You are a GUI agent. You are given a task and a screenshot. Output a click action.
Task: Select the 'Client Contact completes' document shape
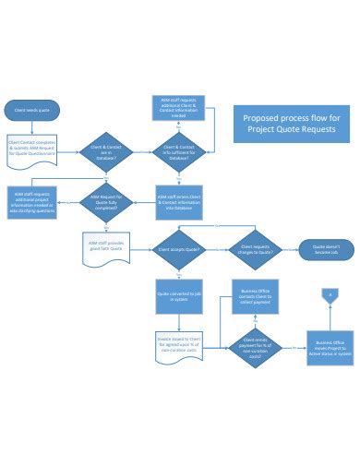point(32,149)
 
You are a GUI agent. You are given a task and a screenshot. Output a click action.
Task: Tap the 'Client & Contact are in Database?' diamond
point(103,149)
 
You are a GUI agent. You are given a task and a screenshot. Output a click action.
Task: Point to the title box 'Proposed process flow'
point(290,122)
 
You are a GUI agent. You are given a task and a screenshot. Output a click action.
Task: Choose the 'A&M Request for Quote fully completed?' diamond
point(103,200)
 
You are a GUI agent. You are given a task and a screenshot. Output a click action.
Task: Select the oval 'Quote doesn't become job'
point(324,249)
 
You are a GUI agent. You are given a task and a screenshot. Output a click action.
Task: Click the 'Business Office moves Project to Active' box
point(329,348)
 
